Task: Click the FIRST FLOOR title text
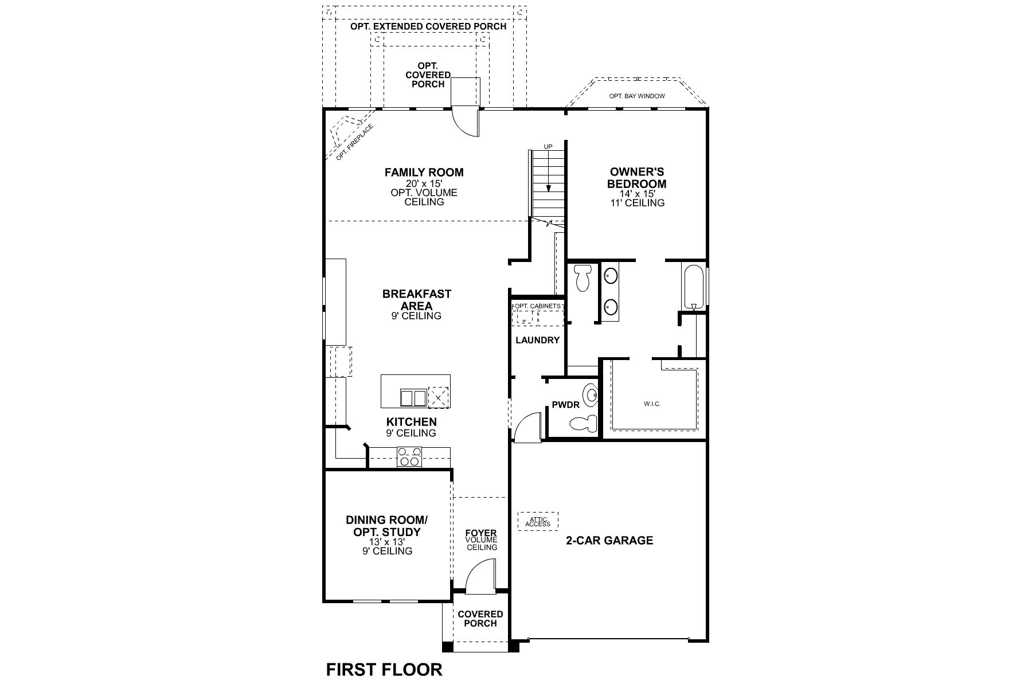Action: coord(384,669)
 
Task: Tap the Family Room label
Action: coord(424,172)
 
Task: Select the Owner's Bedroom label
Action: coord(637,178)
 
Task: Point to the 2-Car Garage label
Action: coord(609,540)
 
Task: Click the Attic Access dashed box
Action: coord(538,521)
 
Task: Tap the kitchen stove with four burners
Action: coord(409,456)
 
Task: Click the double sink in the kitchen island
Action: coord(413,397)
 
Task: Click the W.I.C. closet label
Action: coord(652,404)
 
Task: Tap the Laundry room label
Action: coord(537,340)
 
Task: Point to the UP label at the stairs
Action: coord(548,147)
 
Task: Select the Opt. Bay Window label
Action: coord(636,96)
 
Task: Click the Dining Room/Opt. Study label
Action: coord(386,526)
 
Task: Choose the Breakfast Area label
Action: coord(417,299)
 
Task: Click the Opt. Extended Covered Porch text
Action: coord(428,26)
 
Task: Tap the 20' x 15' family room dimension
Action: coord(424,183)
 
